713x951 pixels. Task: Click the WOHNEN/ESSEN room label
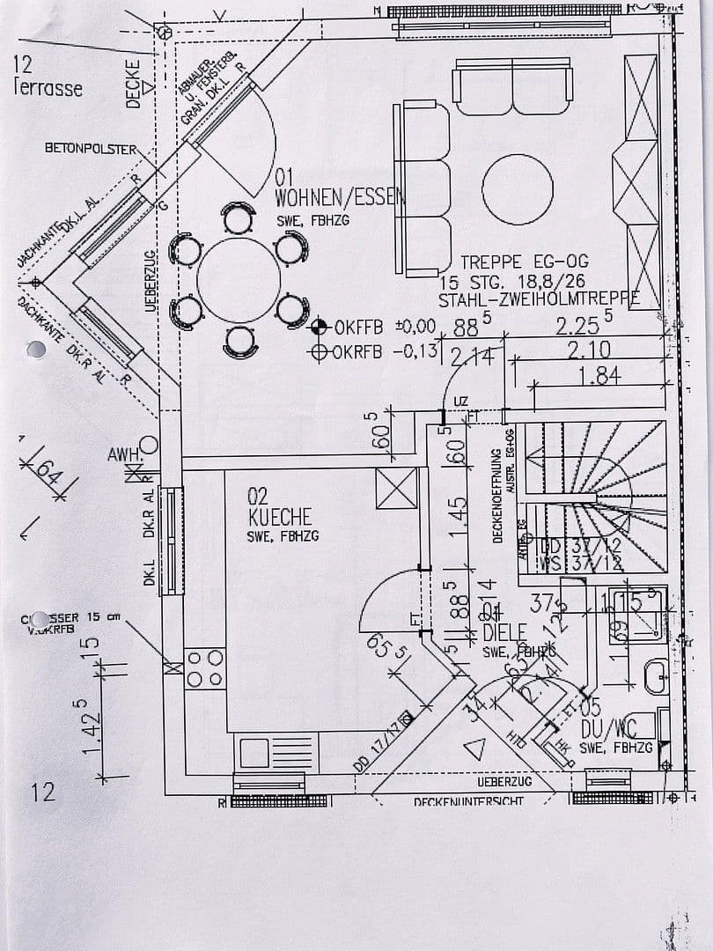click(x=340, y=198)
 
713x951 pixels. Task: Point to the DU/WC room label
click(x=607, y=729)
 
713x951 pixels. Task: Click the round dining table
click(x=239, y=279)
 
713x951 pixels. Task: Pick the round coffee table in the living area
click(x=518, y=189)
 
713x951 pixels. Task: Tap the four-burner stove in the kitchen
click(x=205, y=668)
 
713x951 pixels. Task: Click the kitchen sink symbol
click(x=254, y=753)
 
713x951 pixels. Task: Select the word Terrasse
click(x=48, y=88)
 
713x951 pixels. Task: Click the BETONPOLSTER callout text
click(x=91, y=149)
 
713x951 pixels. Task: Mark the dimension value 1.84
click(x=599, y=376)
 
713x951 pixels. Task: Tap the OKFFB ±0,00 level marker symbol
click(x=320, y=327)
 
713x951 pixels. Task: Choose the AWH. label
click(x=123, y=455)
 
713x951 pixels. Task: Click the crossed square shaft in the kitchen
click(x=396, y=488)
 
